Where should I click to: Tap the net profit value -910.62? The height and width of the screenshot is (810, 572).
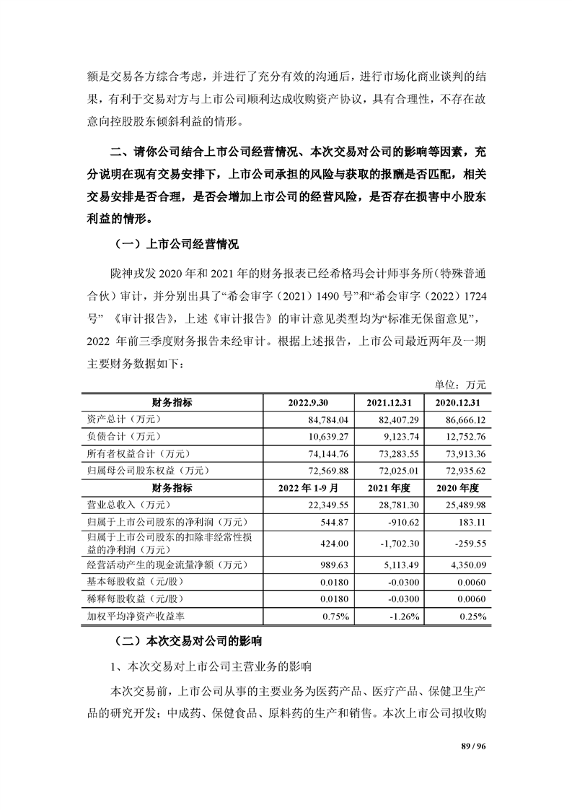click(402, 523)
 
